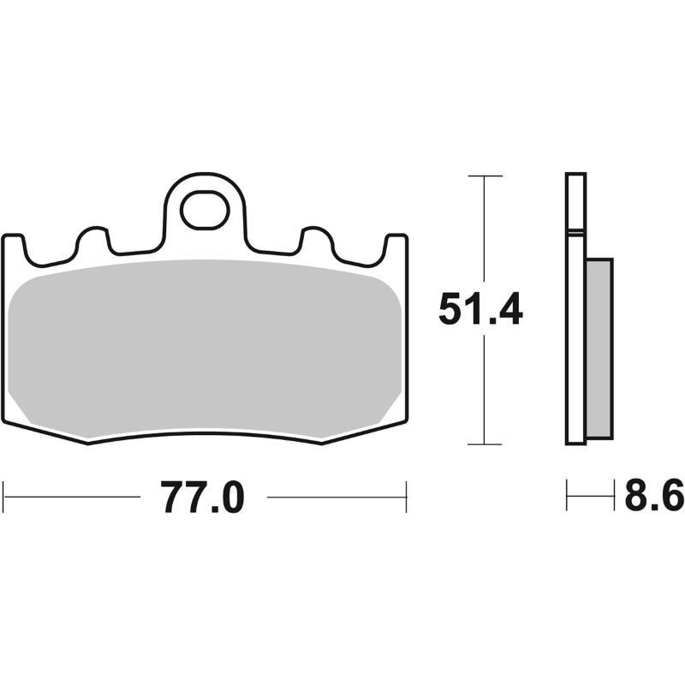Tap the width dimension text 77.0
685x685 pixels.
[204, 497]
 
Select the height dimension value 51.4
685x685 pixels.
[479, 309]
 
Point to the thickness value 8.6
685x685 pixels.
[652, 497]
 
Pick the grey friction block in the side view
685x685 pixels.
[599, 347]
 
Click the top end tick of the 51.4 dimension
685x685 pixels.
[485, 176]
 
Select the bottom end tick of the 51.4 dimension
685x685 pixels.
[485, 444]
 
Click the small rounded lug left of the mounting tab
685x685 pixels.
[93, 240]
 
